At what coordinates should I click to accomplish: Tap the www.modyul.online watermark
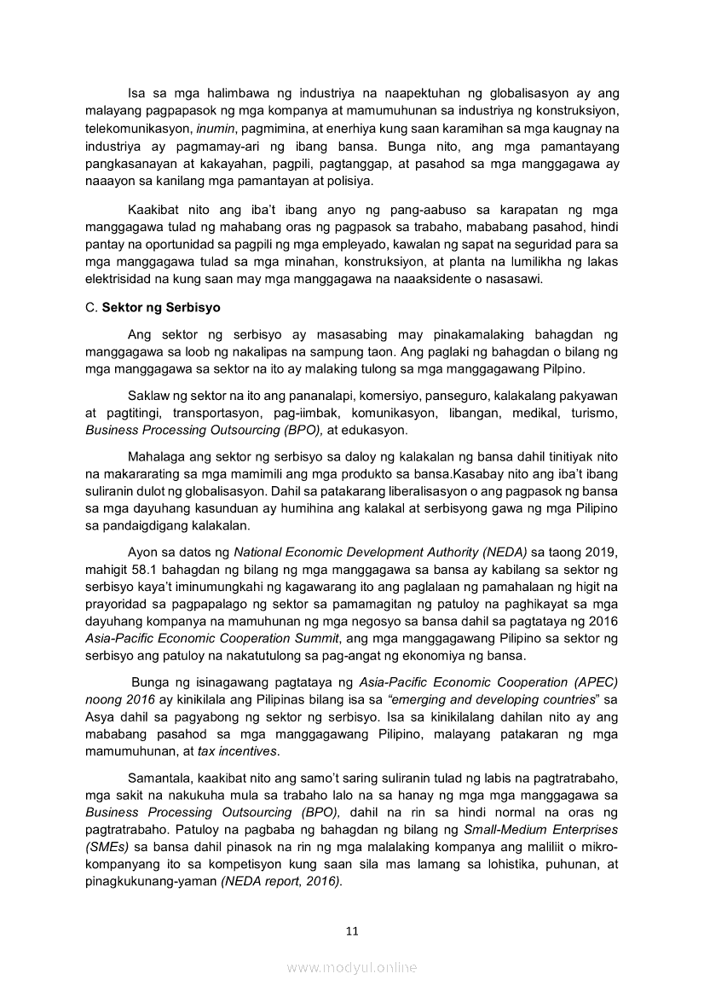352,967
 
